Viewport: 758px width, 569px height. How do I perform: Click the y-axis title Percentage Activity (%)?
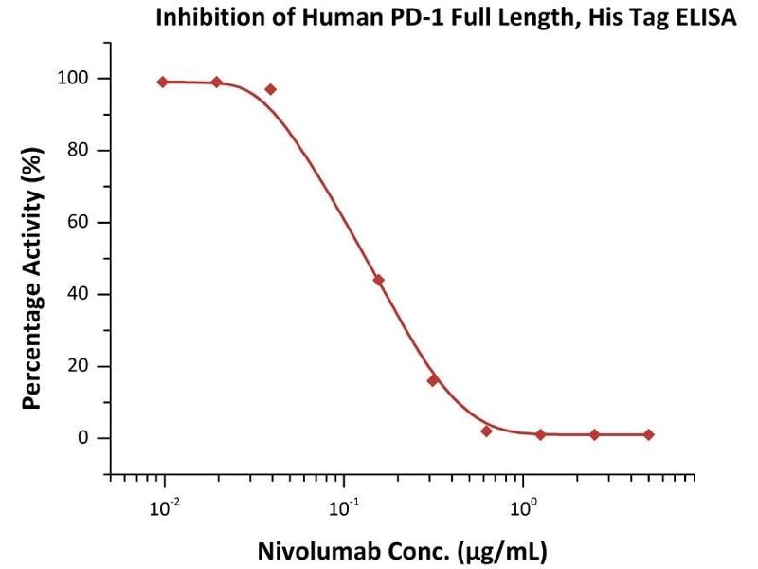(x=33, y=277)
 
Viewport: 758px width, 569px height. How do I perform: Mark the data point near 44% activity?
(x=379, y=280)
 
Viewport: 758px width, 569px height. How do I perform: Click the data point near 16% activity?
(x=433, y=380)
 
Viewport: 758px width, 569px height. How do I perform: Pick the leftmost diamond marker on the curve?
(x=163, y=82)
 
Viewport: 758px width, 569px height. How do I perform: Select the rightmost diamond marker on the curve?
(x=648, y=434)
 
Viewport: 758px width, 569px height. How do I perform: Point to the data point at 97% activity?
(x=271, y=89)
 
